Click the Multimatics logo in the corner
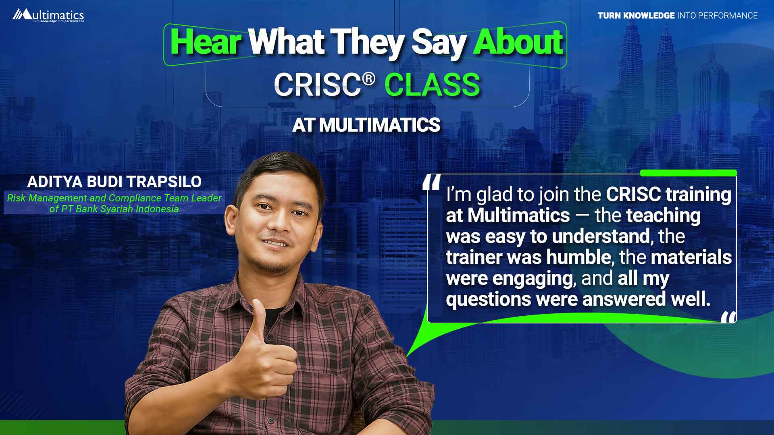[x=48, y=15]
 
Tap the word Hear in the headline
[x=206, y=42]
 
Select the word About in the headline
[x=518, y=42]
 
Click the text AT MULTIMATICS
[x=366, y=125]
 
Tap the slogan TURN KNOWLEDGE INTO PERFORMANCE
[x=678, y=16]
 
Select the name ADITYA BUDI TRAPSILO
[x=114, y=182]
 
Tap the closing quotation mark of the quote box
[x=728, y=317]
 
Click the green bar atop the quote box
[x=688, y=173]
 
